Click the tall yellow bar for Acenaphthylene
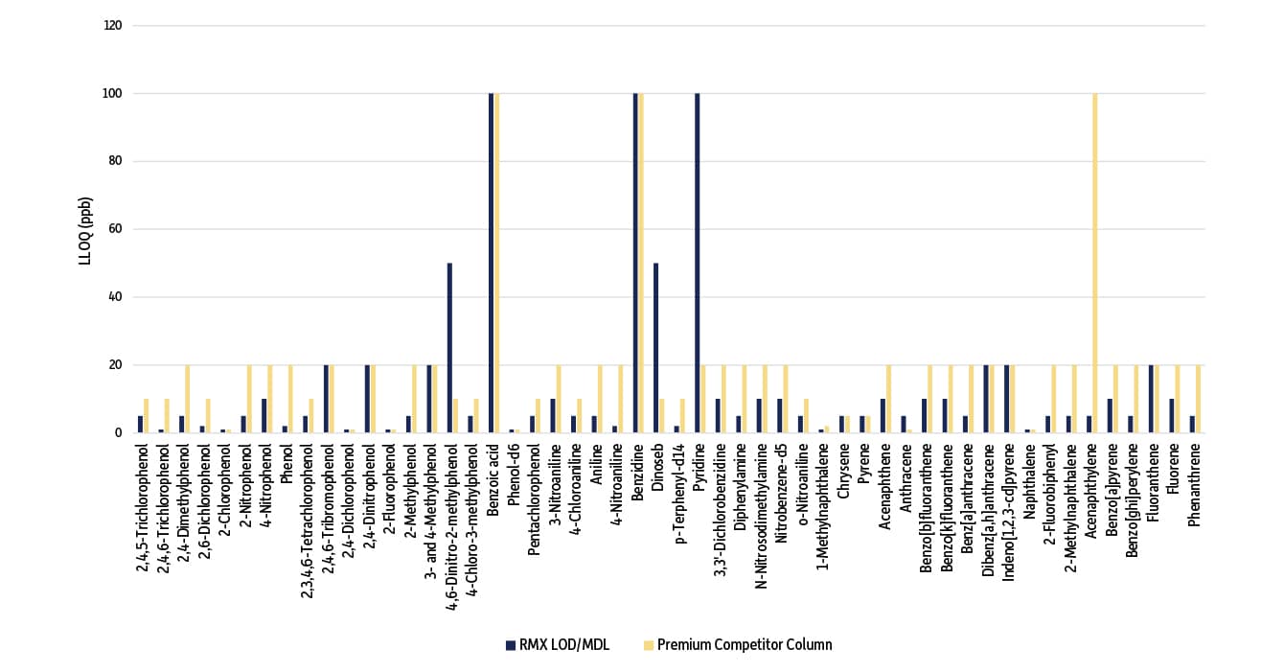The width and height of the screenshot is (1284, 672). (1095, 264)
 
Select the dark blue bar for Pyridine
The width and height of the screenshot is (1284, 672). (697, 264)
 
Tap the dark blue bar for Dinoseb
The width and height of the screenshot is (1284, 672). (655, 348)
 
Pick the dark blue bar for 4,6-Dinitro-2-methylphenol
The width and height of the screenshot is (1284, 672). (449, 348)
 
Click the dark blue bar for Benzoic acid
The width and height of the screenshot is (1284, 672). (491, 264)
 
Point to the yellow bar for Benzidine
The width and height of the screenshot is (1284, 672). (640, 264)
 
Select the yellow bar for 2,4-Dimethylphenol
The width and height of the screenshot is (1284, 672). (188, 399)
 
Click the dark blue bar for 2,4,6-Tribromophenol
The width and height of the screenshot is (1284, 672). (326, 399)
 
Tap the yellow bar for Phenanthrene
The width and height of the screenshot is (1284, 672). (1198, 399)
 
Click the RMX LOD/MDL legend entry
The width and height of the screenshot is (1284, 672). (562, 644)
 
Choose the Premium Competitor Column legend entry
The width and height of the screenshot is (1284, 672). (738, 644)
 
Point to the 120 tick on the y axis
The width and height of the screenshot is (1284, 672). (114, 26)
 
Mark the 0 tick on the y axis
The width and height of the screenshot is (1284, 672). (120, 433)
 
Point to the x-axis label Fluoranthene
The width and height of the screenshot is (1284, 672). (1153, 490)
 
